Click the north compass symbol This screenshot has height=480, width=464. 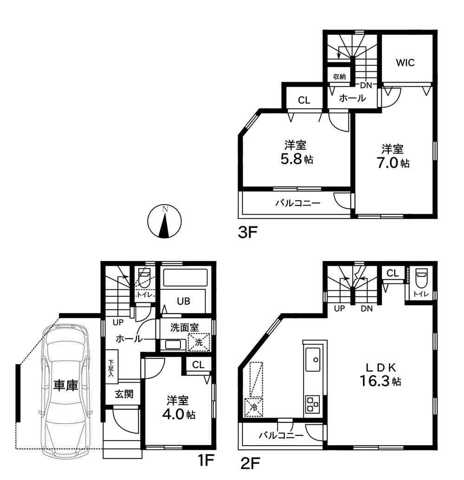pos(164,221)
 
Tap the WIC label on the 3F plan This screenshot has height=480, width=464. pos(405,63)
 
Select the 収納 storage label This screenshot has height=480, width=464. pos(339,76)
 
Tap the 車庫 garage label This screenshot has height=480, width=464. pos(65,385)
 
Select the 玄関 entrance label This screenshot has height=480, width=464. pos(124,394)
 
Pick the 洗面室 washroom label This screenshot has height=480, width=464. pos(182,327)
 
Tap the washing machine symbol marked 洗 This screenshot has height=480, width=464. pos(199,343)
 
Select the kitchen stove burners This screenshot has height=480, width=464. pos(312,404)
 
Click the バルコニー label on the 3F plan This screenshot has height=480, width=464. pos(297,203)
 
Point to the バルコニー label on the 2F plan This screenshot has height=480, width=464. pos(281,435)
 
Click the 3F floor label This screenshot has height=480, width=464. pos(247,232)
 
